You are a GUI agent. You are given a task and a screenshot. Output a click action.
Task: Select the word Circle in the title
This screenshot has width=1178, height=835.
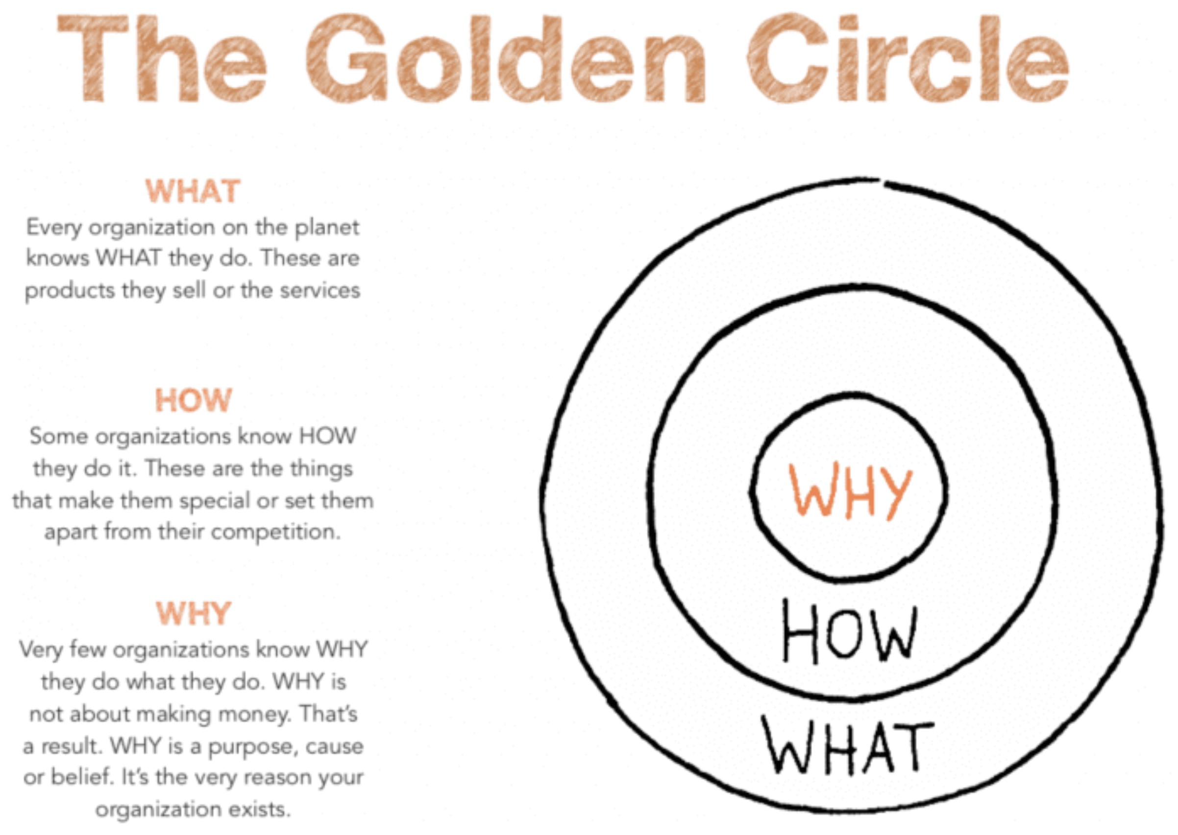click(908, 59)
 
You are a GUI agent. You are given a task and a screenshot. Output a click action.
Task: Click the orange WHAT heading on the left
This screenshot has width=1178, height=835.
click(193, 191)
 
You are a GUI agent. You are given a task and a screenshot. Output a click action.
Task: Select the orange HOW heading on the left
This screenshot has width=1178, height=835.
click(194, 400)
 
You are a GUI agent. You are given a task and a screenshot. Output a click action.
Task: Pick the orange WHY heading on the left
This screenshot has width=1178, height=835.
click(194, 613)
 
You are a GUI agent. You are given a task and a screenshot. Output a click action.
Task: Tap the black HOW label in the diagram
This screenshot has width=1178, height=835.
click(850, 631)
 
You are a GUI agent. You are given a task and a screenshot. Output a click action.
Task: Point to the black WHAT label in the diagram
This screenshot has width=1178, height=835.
click(848, 746)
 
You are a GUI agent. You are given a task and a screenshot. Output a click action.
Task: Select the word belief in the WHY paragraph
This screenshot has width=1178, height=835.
click(82, 777)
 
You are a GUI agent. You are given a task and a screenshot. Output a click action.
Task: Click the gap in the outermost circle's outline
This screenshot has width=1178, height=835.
click(881, 181)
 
